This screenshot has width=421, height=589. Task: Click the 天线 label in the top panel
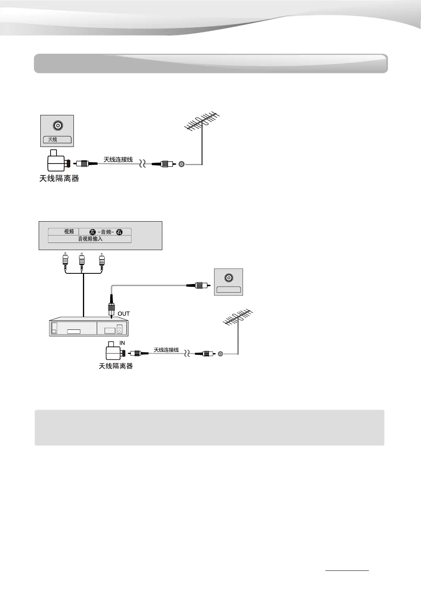click(x=53, y=139)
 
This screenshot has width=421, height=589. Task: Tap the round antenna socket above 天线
click(x=58, y=126)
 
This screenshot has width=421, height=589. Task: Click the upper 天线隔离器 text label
click(x=59, y=179)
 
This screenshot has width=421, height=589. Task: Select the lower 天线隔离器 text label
click(x=116, y=366)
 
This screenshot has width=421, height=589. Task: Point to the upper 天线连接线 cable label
click(x=118, y=159)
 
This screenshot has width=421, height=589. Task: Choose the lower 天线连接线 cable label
click(x=166, y=350)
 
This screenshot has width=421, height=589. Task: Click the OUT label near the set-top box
click(x=124, y=314)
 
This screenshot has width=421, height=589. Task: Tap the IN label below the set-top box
click(x=122, y=343)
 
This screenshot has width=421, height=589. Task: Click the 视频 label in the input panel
click(x=69, y=231)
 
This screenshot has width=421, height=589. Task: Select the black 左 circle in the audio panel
click(x=92, y=232)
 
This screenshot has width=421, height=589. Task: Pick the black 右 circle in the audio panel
click(x=119, y=232)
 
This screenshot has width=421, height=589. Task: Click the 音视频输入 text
click(x=90, y=239)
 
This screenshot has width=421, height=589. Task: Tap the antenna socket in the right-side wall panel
click(x=228, y=278)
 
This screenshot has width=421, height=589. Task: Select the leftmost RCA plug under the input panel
click(x=65, y=262)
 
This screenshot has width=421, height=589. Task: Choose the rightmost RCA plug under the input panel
click(x=101, y=262)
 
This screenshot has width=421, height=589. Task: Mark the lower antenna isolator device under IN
click(x=114, y=351)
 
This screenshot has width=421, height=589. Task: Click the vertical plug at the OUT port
click(x=111, y=306)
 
